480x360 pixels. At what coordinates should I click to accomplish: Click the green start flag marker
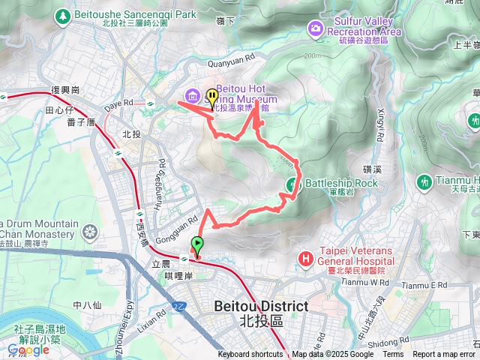[x=197, y=244]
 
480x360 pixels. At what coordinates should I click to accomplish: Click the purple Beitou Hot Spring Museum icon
[x=193, y=95]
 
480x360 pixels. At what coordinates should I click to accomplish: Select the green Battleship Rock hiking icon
[x=292, y=183]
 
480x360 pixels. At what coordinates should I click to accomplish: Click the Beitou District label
[x=260, y=306]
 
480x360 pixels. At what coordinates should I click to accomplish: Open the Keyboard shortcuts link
[x=250, y=355]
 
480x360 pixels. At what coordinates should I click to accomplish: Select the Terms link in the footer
[x=393, y=355]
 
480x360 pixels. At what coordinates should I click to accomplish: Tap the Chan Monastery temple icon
[x=91, y=231]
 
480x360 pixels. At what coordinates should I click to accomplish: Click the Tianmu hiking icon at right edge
[x=424, y=181]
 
